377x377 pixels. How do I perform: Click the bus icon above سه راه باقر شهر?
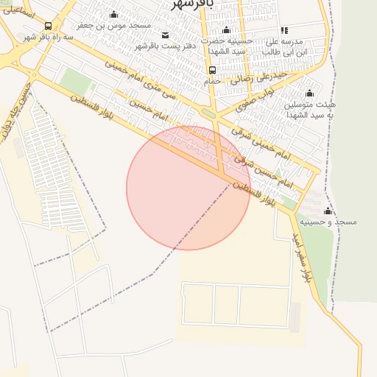click(49, 26)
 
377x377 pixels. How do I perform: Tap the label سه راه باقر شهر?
click(49, 37)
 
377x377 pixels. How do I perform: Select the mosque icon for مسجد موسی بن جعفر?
click(113, 15)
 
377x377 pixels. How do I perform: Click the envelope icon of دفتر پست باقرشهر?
click(164, 35)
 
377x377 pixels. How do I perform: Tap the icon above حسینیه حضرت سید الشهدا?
click(226, 30)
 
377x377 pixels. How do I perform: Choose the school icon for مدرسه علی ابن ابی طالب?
click(284, 30)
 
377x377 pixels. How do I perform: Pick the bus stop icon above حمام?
click(212, 71)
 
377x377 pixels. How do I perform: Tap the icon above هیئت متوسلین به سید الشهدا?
click(309, 94)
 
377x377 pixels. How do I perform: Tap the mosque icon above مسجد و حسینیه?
click(328, 211)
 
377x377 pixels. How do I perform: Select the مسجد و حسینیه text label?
click(328, 222)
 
